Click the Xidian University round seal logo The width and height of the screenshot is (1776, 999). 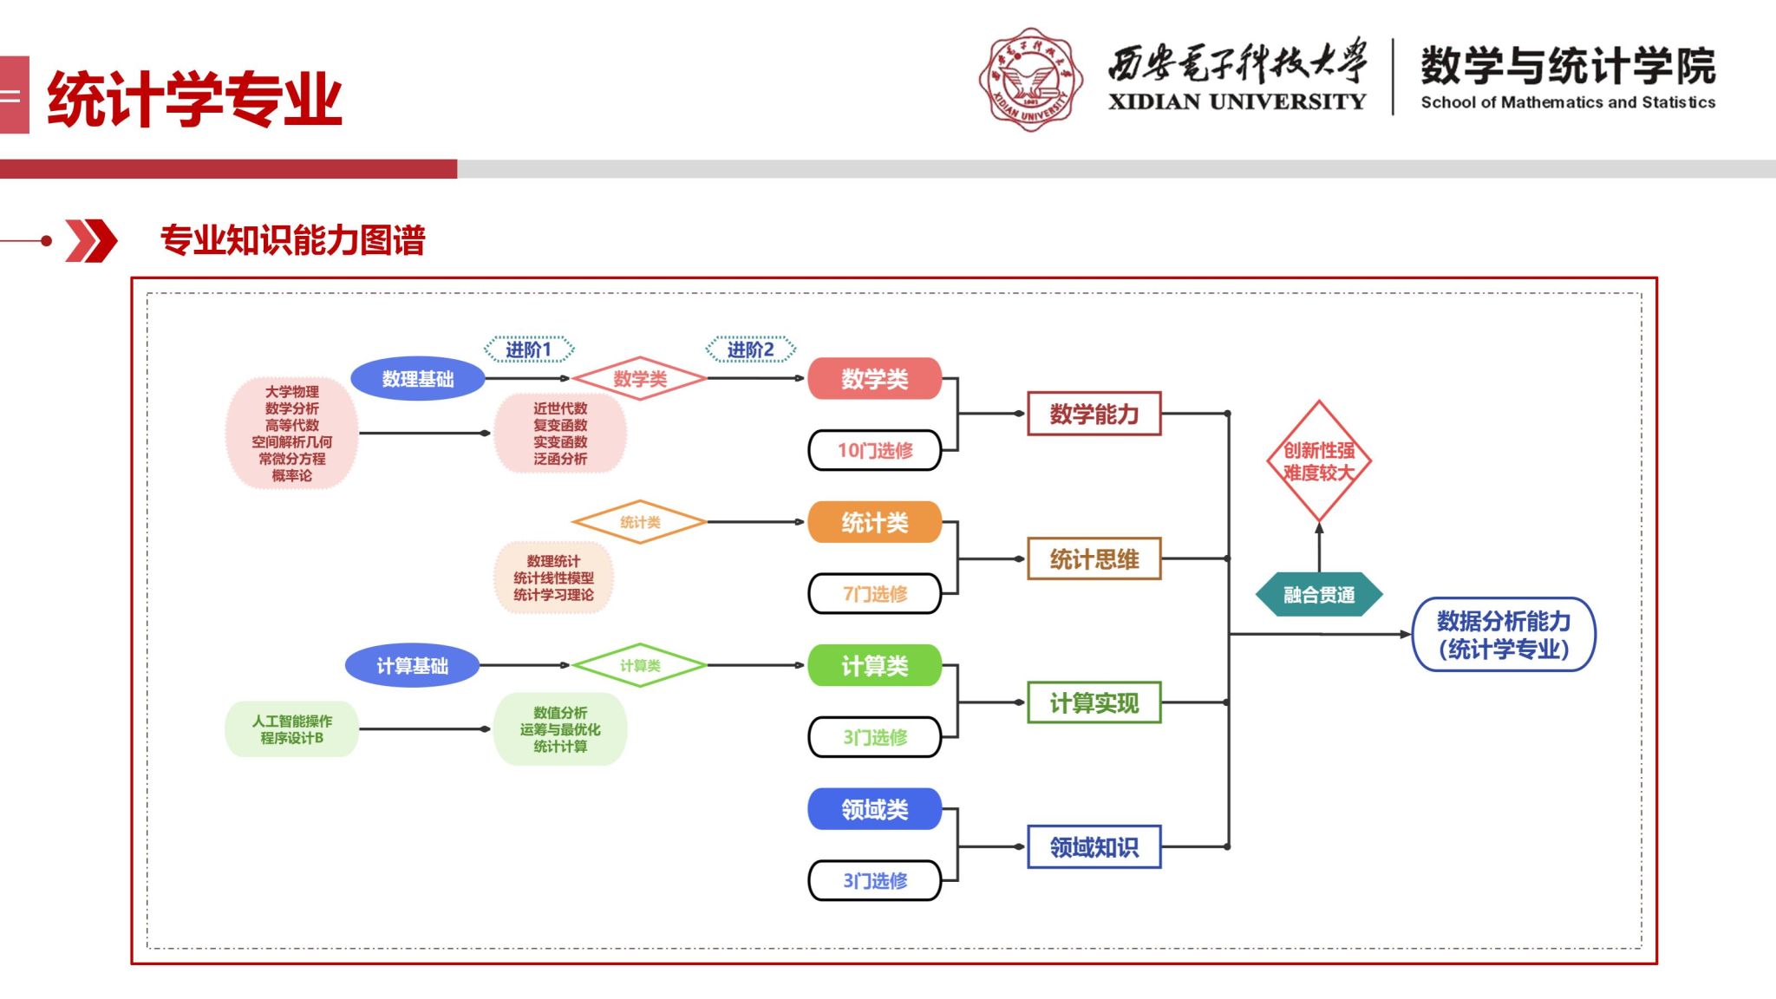click(x=1030, y=80)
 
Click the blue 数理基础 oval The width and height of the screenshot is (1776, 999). click(x=417, y=379)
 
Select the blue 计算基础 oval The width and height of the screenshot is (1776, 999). click(x=412, y=666)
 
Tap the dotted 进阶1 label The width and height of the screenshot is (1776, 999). click(x=529, y=349)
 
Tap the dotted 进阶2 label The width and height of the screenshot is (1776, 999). click(x=750, y=349)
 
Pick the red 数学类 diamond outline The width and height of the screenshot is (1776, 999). click(x=640, y=379)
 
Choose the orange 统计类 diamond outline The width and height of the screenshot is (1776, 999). click(x=640, y=522)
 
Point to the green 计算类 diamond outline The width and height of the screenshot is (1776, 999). click(x=640, y=666)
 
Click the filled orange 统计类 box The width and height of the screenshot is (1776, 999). click(x=874, y=522)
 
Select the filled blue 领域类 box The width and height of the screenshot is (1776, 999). click(x=874, y=809)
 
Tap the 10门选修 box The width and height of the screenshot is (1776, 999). click(x=874, y=450)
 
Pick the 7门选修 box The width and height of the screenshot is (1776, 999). click(x=874, y=594)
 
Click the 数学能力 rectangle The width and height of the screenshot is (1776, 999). click(x=1094, y=414)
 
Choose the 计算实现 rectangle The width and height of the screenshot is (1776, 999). click(x=1094, y=702)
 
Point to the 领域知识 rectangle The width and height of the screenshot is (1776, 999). click(x=1094, y=846)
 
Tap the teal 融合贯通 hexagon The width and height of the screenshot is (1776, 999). click(x=1318, y=595)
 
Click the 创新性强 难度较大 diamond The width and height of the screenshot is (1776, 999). click(x=1318, y=461)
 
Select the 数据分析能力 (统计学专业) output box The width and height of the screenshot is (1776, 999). click(x=1504, y=635)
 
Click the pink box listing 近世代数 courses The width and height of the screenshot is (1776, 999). click(x=560, y=433)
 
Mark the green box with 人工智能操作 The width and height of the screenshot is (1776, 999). click(x=291, y=729)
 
